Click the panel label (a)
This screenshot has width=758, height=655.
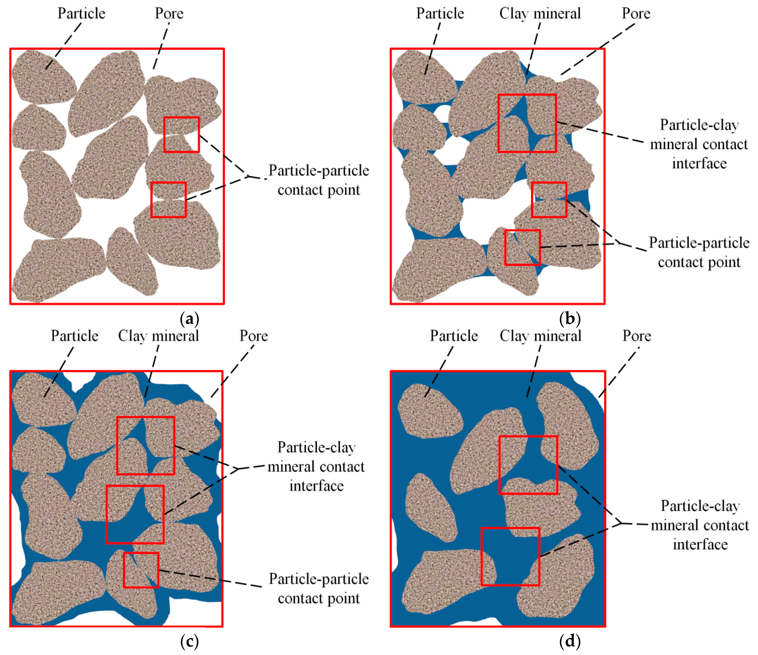(x=189, y=319)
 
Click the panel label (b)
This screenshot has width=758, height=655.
(x=570, y=319)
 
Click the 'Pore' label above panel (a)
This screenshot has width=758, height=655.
(x=169, y=13)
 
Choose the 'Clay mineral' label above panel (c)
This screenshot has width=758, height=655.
(x=158, y=336)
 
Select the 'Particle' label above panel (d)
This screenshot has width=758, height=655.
(x=454, y=336)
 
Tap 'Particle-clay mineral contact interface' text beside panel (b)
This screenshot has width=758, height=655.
(x=699, y=144)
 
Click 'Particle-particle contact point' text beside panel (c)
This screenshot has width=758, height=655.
(x=319, y=588)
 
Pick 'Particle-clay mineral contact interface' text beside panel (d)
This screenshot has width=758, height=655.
(x=700, y=525)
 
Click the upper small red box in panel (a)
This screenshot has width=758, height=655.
(x=181, y=134)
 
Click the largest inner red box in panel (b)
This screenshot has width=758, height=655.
(x=527, y=123)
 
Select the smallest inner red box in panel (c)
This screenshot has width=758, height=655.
(x=141, y=570)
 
